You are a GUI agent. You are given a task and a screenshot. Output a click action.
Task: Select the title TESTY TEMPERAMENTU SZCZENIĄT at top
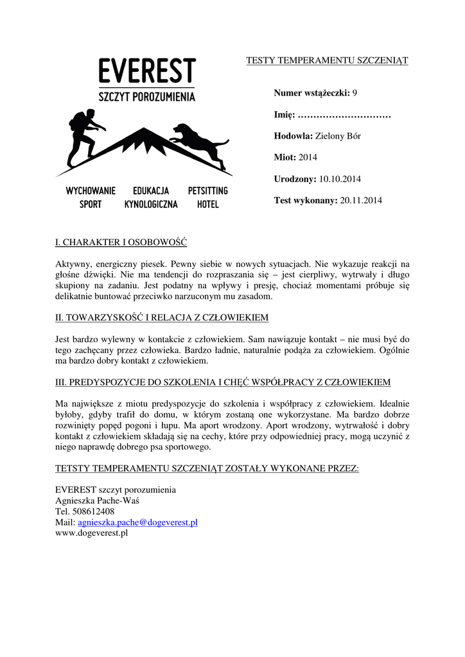[328, 60]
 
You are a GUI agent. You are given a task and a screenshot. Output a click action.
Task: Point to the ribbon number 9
[355, 93]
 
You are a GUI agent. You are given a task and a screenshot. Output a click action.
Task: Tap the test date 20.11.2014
[361, 201]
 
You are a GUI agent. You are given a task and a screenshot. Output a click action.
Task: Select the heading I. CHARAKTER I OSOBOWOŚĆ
[121, 243]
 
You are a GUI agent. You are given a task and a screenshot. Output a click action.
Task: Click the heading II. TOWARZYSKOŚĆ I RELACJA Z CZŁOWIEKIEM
[162, 318]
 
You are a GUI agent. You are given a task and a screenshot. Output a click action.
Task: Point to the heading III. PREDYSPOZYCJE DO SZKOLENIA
[223, 382]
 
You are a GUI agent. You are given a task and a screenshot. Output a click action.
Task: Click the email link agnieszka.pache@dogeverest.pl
[137, 522]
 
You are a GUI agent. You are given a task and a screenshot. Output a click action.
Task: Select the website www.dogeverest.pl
[92, 533]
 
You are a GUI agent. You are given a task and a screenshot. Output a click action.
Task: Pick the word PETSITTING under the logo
[207, 191]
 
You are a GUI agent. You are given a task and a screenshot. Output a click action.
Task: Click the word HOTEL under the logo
[207, 205]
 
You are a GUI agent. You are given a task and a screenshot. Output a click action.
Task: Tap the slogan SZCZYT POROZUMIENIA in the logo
[147, 97]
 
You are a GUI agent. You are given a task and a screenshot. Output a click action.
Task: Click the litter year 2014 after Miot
[308, 157]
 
